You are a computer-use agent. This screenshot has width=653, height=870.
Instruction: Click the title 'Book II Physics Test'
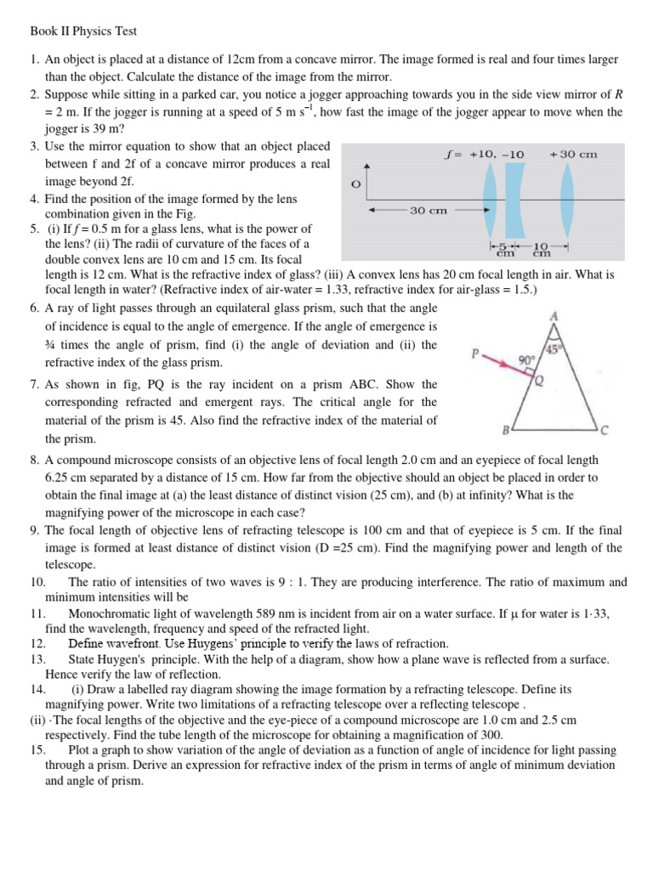(78, 31)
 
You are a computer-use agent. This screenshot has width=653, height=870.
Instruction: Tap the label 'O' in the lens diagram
(355, 184)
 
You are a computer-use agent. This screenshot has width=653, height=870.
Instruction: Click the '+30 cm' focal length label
(574, 154)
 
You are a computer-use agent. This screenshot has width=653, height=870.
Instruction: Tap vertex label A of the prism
(554, 316)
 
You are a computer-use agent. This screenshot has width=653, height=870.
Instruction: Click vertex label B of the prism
(505, 431)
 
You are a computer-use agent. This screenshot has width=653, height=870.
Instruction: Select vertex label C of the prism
(605, 430)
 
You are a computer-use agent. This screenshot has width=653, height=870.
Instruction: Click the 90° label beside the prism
(527, 360)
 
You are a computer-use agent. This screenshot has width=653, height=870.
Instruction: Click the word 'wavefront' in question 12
(133, 643)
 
